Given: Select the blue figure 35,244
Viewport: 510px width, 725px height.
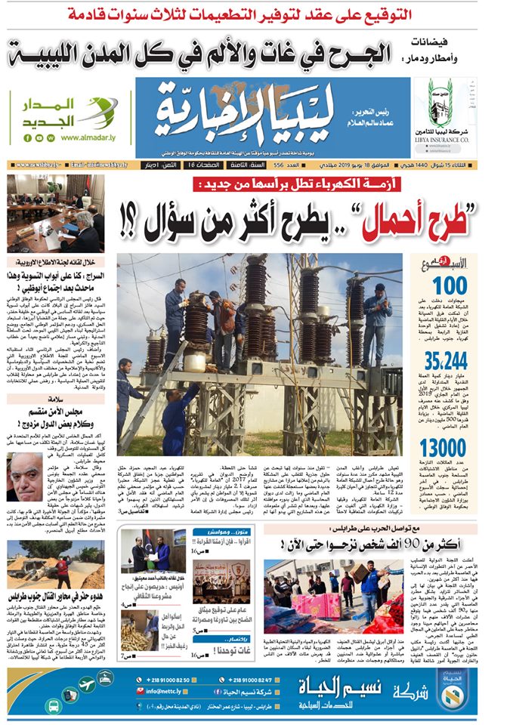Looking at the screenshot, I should click(x=445, y=358).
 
